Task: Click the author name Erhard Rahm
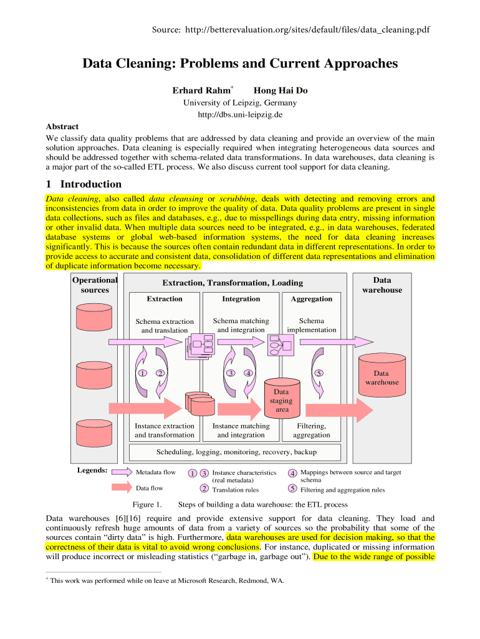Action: tap(201, 90)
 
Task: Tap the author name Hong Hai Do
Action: tap(281, 90)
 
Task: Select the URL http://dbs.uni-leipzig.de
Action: tap(240, 115)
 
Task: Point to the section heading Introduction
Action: tap(90, 184)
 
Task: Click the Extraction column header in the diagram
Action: tap(165, 299)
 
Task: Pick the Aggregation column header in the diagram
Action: tap(312, 299)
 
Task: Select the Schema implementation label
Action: tap(312, 325)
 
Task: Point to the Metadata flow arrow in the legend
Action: tap(120, 472)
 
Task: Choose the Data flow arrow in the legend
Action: tap(120, 488)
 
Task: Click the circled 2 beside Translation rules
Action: tap(204, 489)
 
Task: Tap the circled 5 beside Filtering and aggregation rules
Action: tap(292, 489)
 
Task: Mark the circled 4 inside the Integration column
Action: tap(248, 373)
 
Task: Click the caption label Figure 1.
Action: tap(147, 504)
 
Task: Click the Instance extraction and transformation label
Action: tap(165, 430)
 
